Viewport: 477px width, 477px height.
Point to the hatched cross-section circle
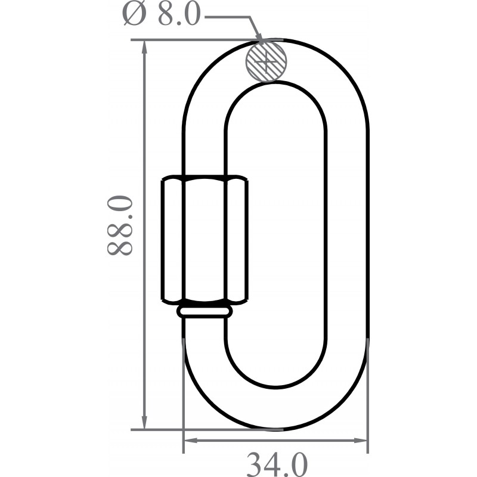point(267,60)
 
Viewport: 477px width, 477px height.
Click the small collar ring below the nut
point(205,311)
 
